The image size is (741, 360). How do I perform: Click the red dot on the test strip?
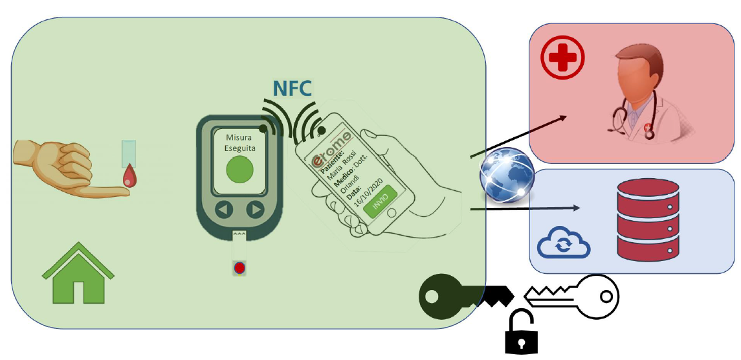coord(239,267)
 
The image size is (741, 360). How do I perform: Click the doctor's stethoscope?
coord(622,117)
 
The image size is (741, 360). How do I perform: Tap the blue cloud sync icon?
coord(564,243)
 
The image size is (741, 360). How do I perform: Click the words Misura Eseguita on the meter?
coord(240,143)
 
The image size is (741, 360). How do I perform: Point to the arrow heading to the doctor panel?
coord(518,137)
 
